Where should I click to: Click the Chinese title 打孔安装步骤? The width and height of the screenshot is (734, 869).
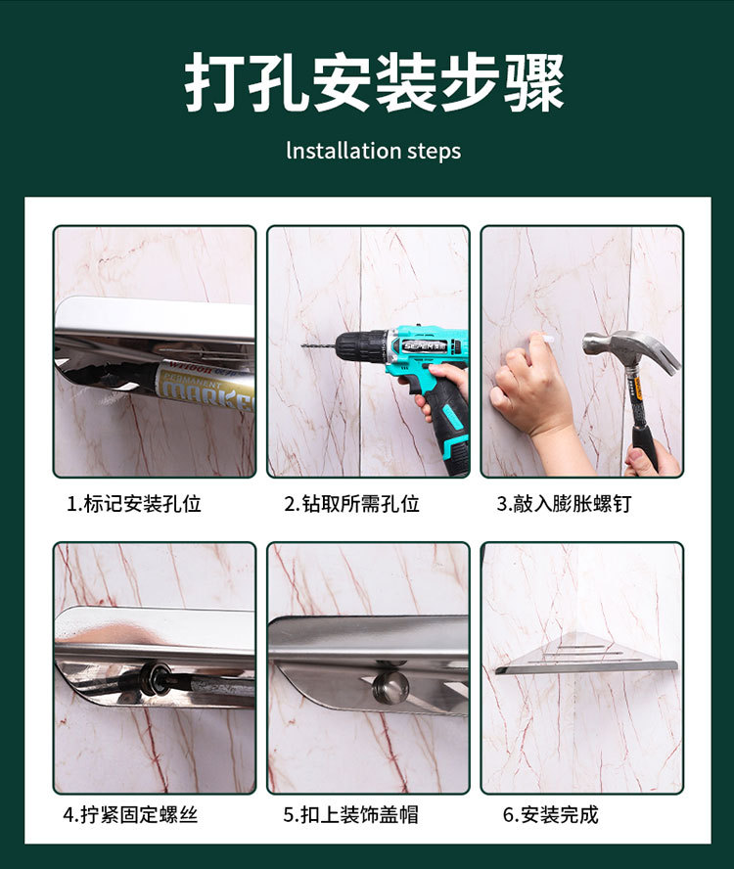(x=374, y=84)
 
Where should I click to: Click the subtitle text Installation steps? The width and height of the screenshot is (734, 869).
(x=373, y=151)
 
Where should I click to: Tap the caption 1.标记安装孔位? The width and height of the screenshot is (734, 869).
(x=134, y=504)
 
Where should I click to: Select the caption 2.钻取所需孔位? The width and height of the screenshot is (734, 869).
(x=352, y=504)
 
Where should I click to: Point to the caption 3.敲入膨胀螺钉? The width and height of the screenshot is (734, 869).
(x=565, y=504)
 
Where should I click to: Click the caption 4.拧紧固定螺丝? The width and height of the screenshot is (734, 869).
(x=130, y=814)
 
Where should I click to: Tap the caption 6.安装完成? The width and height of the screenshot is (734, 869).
(x=550, y=814)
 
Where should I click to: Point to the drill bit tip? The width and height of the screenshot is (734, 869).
(x=305, y=345)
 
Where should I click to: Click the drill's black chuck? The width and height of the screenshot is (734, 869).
(x=359, y=344)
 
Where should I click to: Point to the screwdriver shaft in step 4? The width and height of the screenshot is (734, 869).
(x=210, y=683)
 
